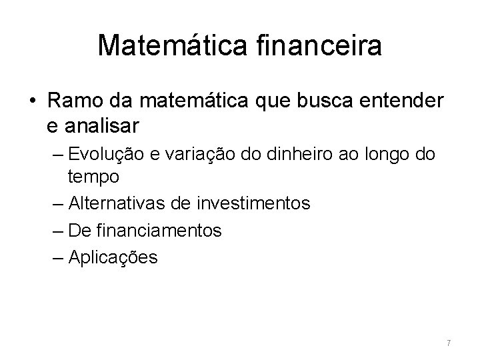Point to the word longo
point(387,155)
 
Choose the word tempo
point(93,177)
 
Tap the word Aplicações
point(113,257)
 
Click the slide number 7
point(449,343)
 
